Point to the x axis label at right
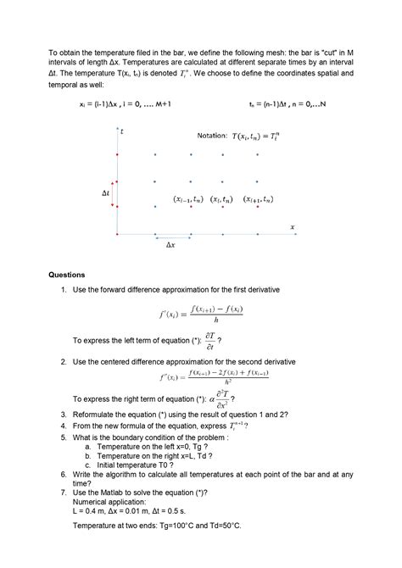tap(292, 226)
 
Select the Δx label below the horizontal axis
tap(170, 245)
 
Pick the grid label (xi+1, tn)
tap(258, 200)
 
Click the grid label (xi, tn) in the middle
tap(223, 200)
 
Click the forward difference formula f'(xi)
tap(200, 315)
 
